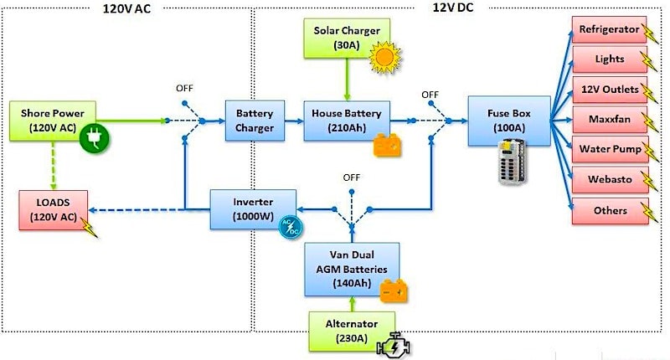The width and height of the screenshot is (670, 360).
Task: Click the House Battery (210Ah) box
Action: pos(346,120)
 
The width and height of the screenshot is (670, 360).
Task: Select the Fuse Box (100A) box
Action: pos(508,120)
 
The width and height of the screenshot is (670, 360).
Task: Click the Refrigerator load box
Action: pos(609,30)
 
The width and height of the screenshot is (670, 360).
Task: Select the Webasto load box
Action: pos(609,180)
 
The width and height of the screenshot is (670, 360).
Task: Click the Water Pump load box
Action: pos(609,150)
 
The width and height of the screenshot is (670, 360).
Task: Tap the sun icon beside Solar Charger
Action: pos(386,56)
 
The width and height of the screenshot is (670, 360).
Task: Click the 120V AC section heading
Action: pos(126,8)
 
